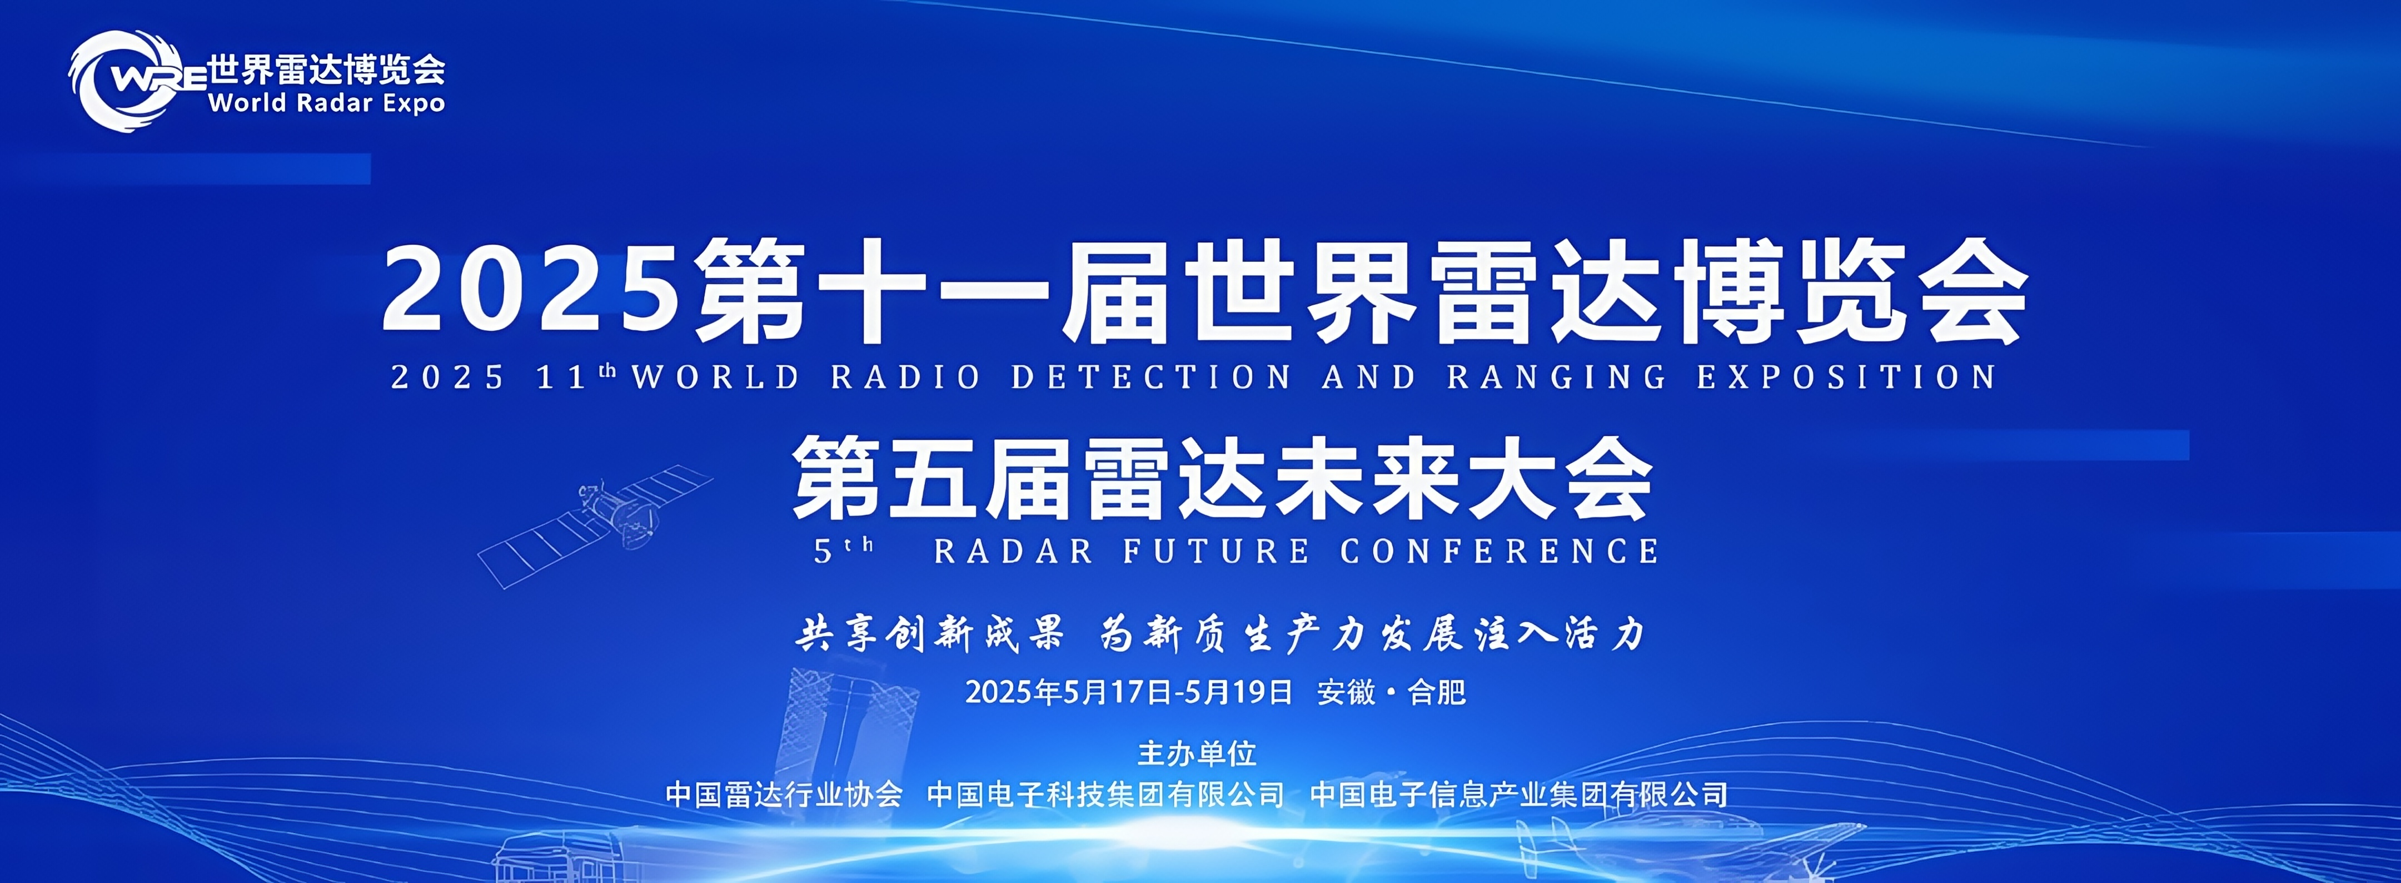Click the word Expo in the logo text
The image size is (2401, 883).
coord(414,103)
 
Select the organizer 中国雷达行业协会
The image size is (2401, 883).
coord(784,795)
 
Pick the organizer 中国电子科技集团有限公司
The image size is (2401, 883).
coord(1105,795)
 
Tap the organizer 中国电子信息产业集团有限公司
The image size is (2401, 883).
coord(1518,795)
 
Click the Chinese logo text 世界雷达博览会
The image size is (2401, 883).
coord(326,69)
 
